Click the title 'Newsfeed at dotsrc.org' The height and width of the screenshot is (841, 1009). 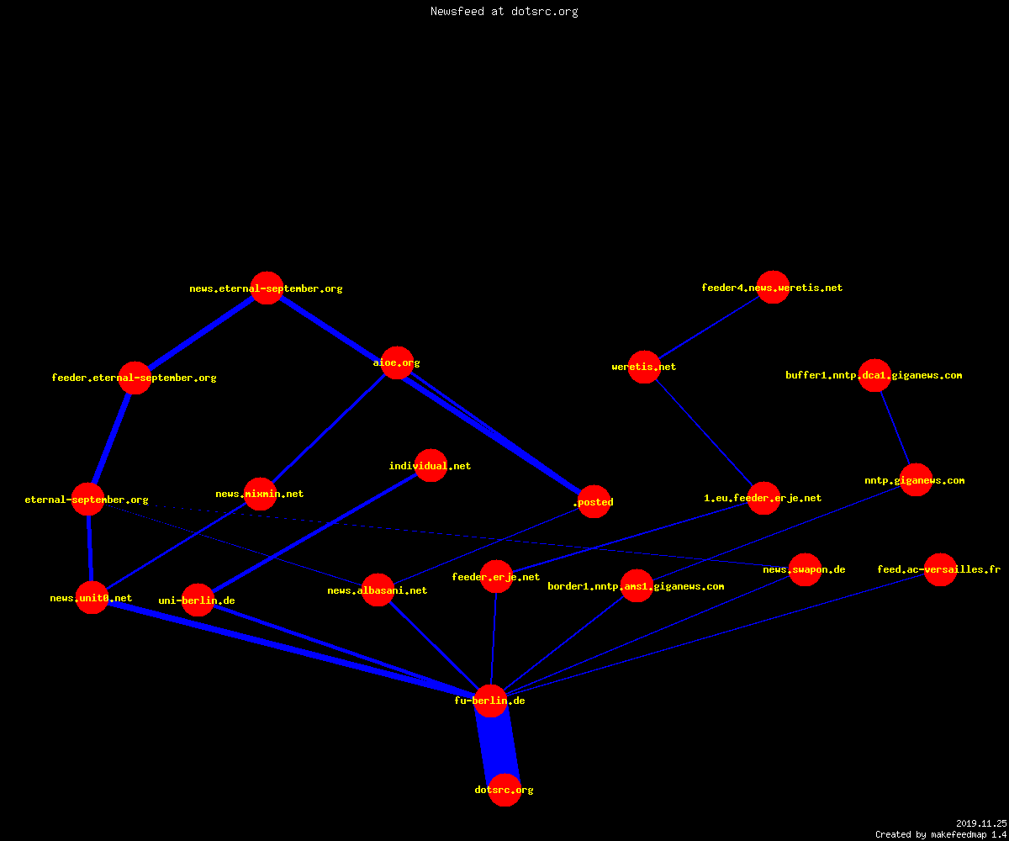(504, 12)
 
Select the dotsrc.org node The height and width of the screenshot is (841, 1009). (504, 790)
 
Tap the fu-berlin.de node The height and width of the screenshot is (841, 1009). (490, 701)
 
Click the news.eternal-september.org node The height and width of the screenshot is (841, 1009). (267, 288)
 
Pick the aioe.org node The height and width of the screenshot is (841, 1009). (397, 362)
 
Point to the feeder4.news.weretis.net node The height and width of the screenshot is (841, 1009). (773, 287)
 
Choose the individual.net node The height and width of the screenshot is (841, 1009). (431, 465)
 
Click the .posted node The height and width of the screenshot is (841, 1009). (594, 502)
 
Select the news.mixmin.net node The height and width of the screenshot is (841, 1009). (260, 494)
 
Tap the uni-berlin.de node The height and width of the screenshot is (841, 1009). (198, 600)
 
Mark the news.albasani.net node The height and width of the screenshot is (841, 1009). (378, 590)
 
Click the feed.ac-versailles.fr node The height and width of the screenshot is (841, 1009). (940, 569)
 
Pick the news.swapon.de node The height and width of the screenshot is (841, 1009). (805, 569)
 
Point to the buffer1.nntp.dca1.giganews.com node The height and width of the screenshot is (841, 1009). (874, 375)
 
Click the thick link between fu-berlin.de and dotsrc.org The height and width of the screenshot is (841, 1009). (498, 745)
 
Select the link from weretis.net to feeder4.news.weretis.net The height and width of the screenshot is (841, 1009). (709, 327)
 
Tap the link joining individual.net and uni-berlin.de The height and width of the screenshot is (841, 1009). (314, 532)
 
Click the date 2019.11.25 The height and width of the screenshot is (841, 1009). (981, 823)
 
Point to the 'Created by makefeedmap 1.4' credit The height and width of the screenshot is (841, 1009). (941, 835)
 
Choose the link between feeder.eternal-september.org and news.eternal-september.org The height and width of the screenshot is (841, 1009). (201, 333)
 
